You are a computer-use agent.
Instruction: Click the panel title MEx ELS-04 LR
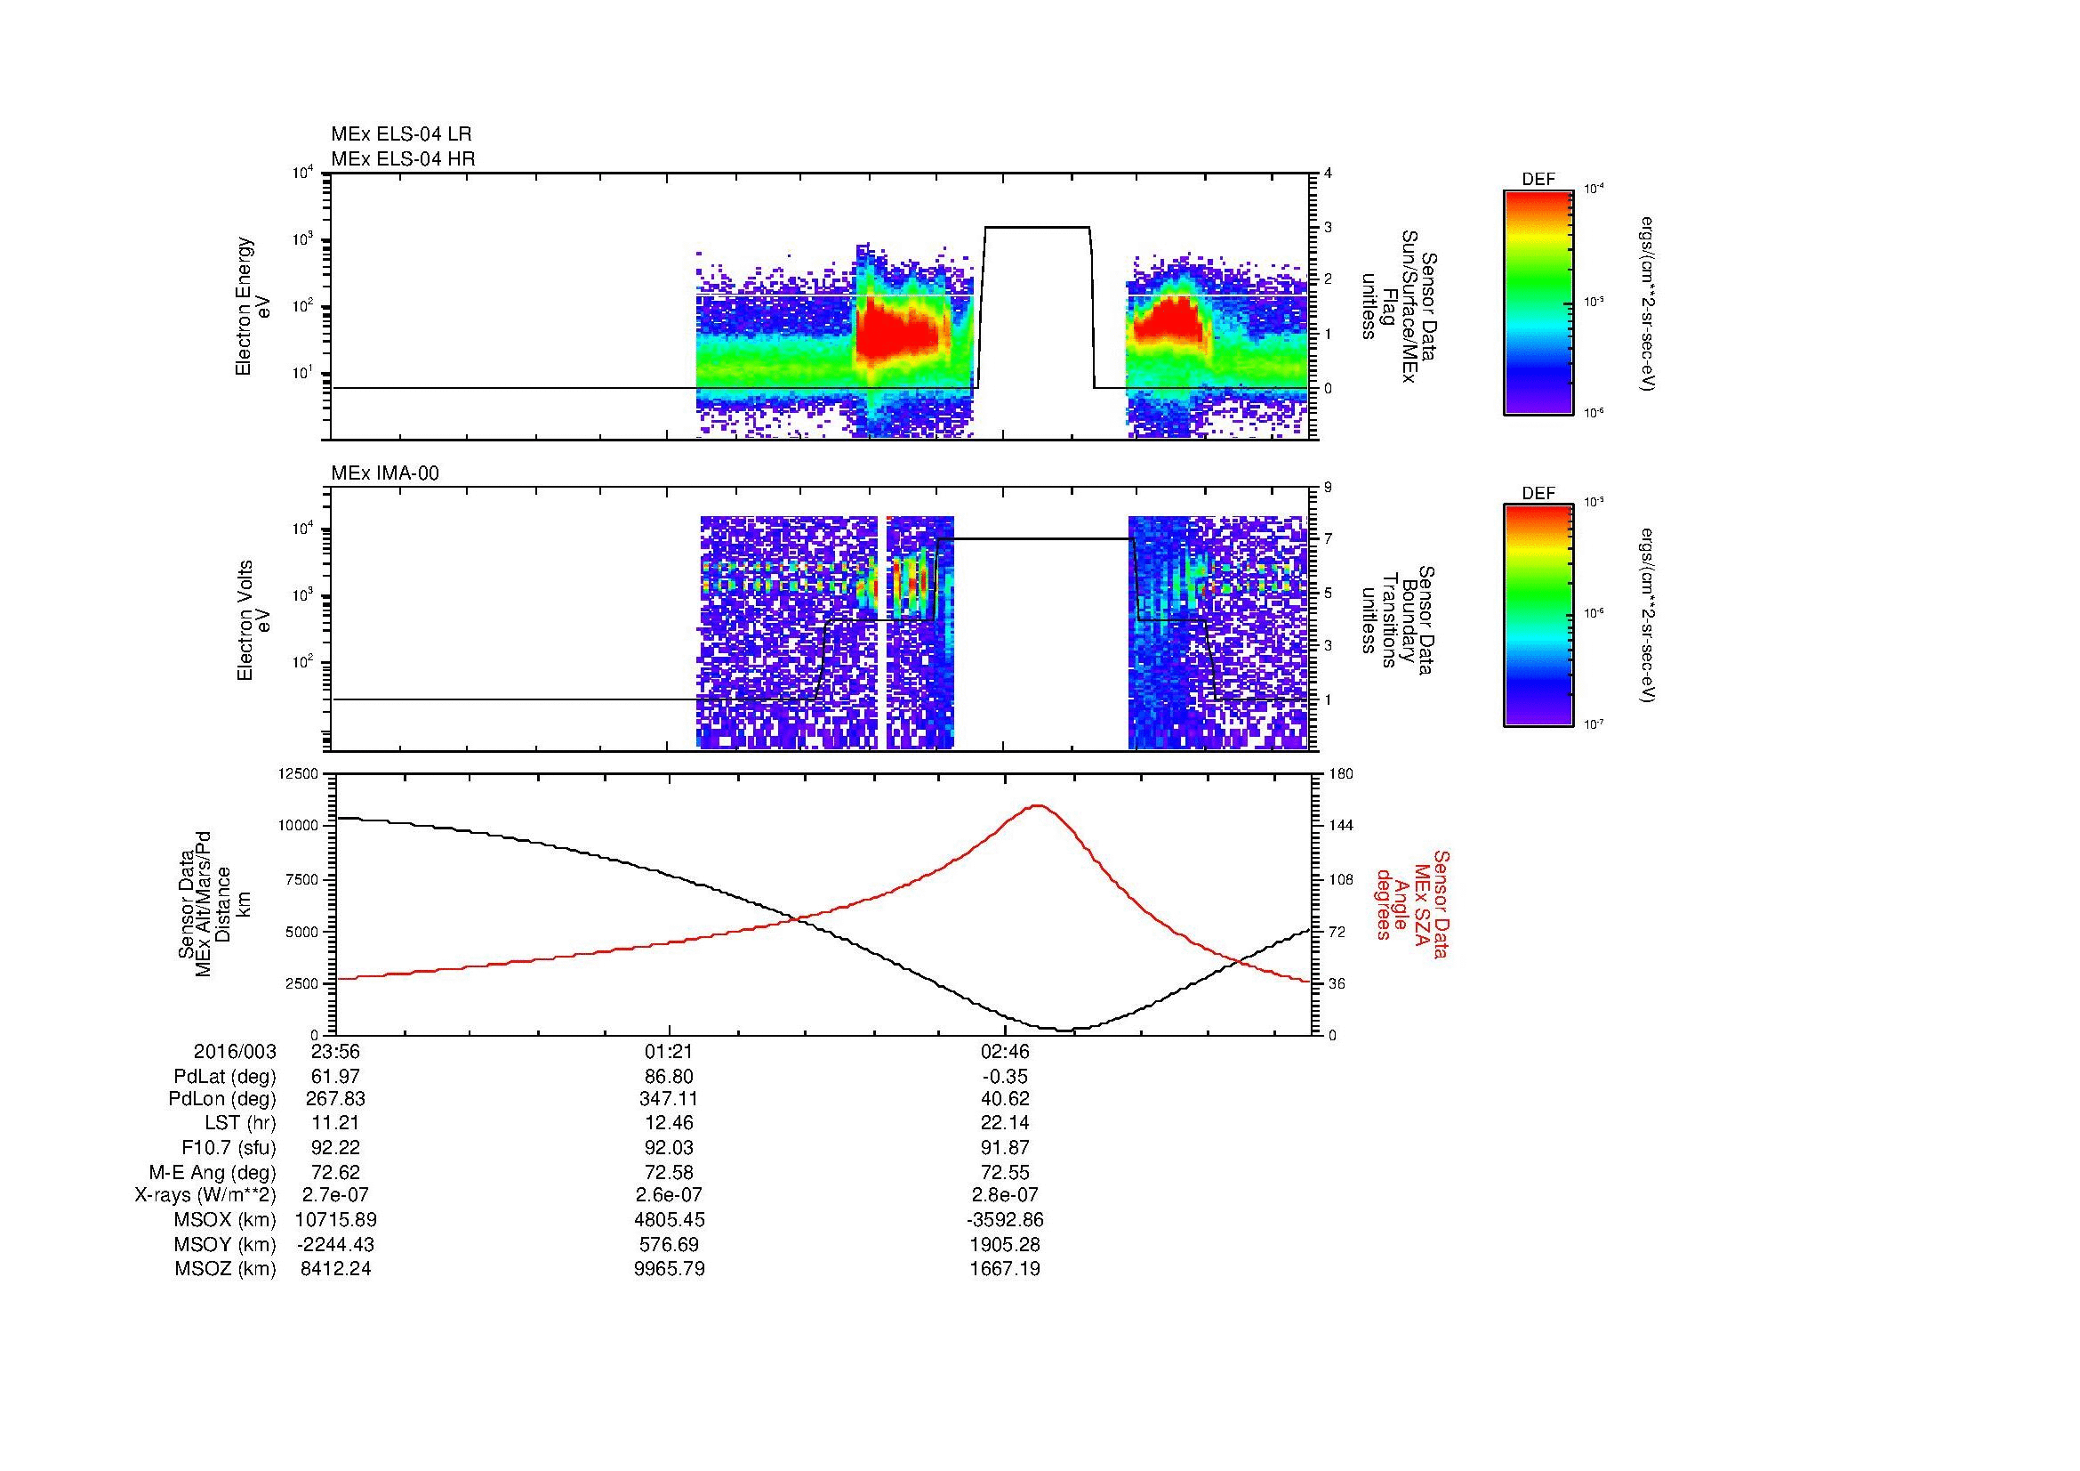pyautogui.click(x=401, y=134)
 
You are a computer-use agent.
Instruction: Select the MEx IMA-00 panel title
pyautogui.click(x=385, y=473)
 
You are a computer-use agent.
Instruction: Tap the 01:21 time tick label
pyautogui.click(x=669, y=1052)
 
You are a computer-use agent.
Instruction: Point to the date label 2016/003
pyautogui.click(x=235, y=1052)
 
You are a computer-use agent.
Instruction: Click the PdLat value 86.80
pyautogui.click(x=669, y=1077)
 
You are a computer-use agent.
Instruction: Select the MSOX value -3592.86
pyautogui.click(x=1005, y=1220)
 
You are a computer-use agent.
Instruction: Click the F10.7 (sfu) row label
pyautogui.click(x=229, y=1148)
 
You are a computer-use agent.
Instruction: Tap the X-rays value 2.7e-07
pyautogui.click(x=335, y=1195)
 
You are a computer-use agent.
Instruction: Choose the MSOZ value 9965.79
pyautogui.click(x=670, y=1269)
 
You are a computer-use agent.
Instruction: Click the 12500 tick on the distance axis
pyautogui.click(x=298, y=773)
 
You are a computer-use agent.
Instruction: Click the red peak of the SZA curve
pyautogui.click(x=1038, y=804)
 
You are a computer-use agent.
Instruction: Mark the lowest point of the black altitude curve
pyautogui.click(x=1065, y=1030)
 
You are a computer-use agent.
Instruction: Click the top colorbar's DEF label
pyautogui.click(x=1538, y=181)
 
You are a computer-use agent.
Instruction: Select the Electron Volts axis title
pyautogui.click(x=245, y=621)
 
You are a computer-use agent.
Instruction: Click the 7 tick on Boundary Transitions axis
pyautogui.click(x=1328, y=540)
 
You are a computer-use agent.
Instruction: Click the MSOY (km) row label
pyautogui.click(x=225, y=1244)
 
